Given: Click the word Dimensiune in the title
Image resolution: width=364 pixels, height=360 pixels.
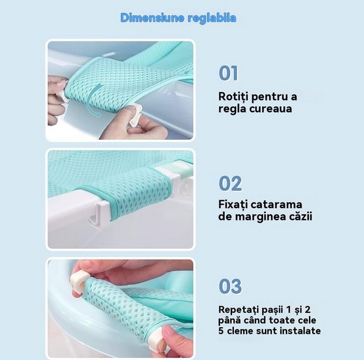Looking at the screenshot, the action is click(x=152, y=18).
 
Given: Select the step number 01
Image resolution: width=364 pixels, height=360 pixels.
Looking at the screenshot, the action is click(x=228, y=73).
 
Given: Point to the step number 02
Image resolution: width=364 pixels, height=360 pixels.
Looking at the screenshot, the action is click(x=230, y=183).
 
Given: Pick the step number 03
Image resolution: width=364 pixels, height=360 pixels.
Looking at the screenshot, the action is click(x=230, y=286).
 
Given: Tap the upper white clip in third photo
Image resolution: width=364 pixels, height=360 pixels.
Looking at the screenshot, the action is click(x=79, y=281).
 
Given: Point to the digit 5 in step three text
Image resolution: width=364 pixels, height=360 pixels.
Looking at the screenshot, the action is click(x=221, y=331).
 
